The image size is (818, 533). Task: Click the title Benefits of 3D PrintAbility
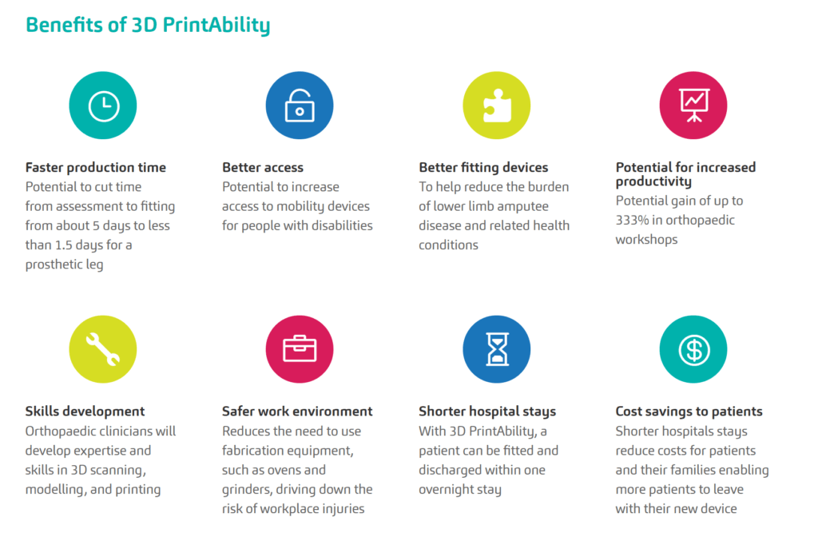click(148, 25)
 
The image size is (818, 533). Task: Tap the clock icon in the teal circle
click(104, 106)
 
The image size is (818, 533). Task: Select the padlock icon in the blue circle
click(300, 105)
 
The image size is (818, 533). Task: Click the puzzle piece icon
click(497, 105)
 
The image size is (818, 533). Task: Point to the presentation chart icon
click(694, 105)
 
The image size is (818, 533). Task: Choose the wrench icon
click(103, 348)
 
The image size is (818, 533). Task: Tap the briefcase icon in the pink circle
click(300, 348)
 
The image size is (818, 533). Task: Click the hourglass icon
click(497, 348)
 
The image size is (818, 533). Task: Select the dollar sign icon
click(694, 349)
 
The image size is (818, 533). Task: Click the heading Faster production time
click(96, 167)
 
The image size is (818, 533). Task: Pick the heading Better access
click(262, 167)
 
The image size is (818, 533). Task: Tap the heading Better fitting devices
click(483, 167)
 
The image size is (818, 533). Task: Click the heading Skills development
click(85, 412)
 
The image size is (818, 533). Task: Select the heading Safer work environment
click(297, 412)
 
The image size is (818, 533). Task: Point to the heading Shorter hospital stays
click(487, 412)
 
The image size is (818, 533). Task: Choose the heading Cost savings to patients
click(689, 412)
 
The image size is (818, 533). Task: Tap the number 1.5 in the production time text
click(64, 245)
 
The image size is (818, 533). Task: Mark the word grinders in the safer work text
click(246, 490)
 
